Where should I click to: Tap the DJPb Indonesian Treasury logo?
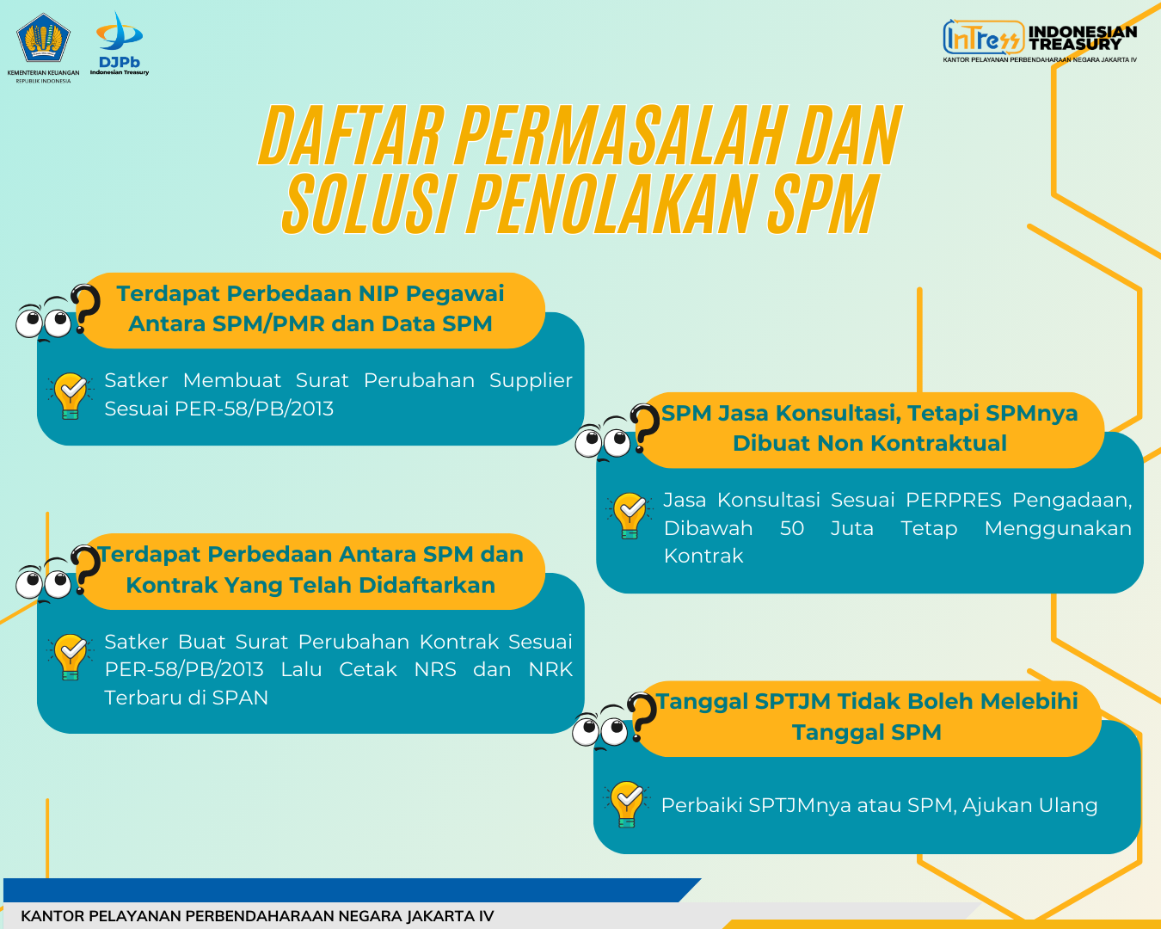tap(120, 43)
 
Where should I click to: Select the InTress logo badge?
tap(983, 37)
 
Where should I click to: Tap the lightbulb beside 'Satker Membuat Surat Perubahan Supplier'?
tap(71, 396)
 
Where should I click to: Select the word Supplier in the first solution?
tap(531, 380)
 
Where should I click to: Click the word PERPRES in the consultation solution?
tap(953, 500)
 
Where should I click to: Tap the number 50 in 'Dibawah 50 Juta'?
tap(791, 528)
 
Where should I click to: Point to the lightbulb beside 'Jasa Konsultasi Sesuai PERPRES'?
tap(630, 515)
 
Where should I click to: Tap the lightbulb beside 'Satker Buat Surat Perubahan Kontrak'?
tap(71, 656)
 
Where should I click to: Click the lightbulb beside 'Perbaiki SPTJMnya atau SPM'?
tap(627, 804)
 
